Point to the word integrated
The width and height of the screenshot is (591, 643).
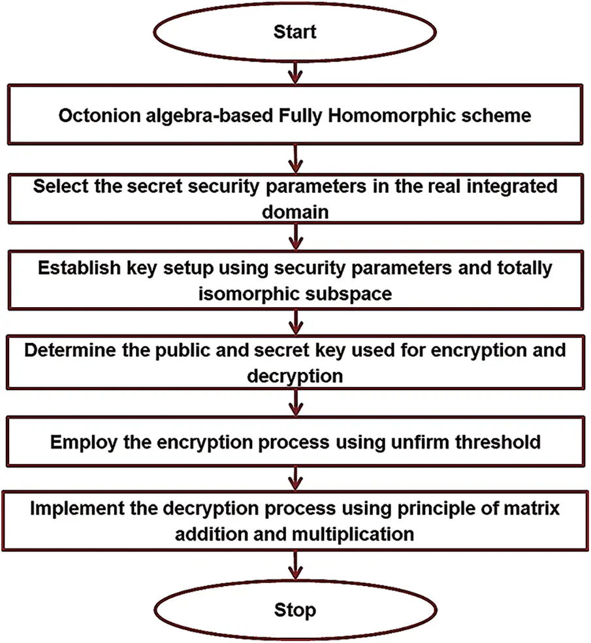[x=507, y=186]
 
